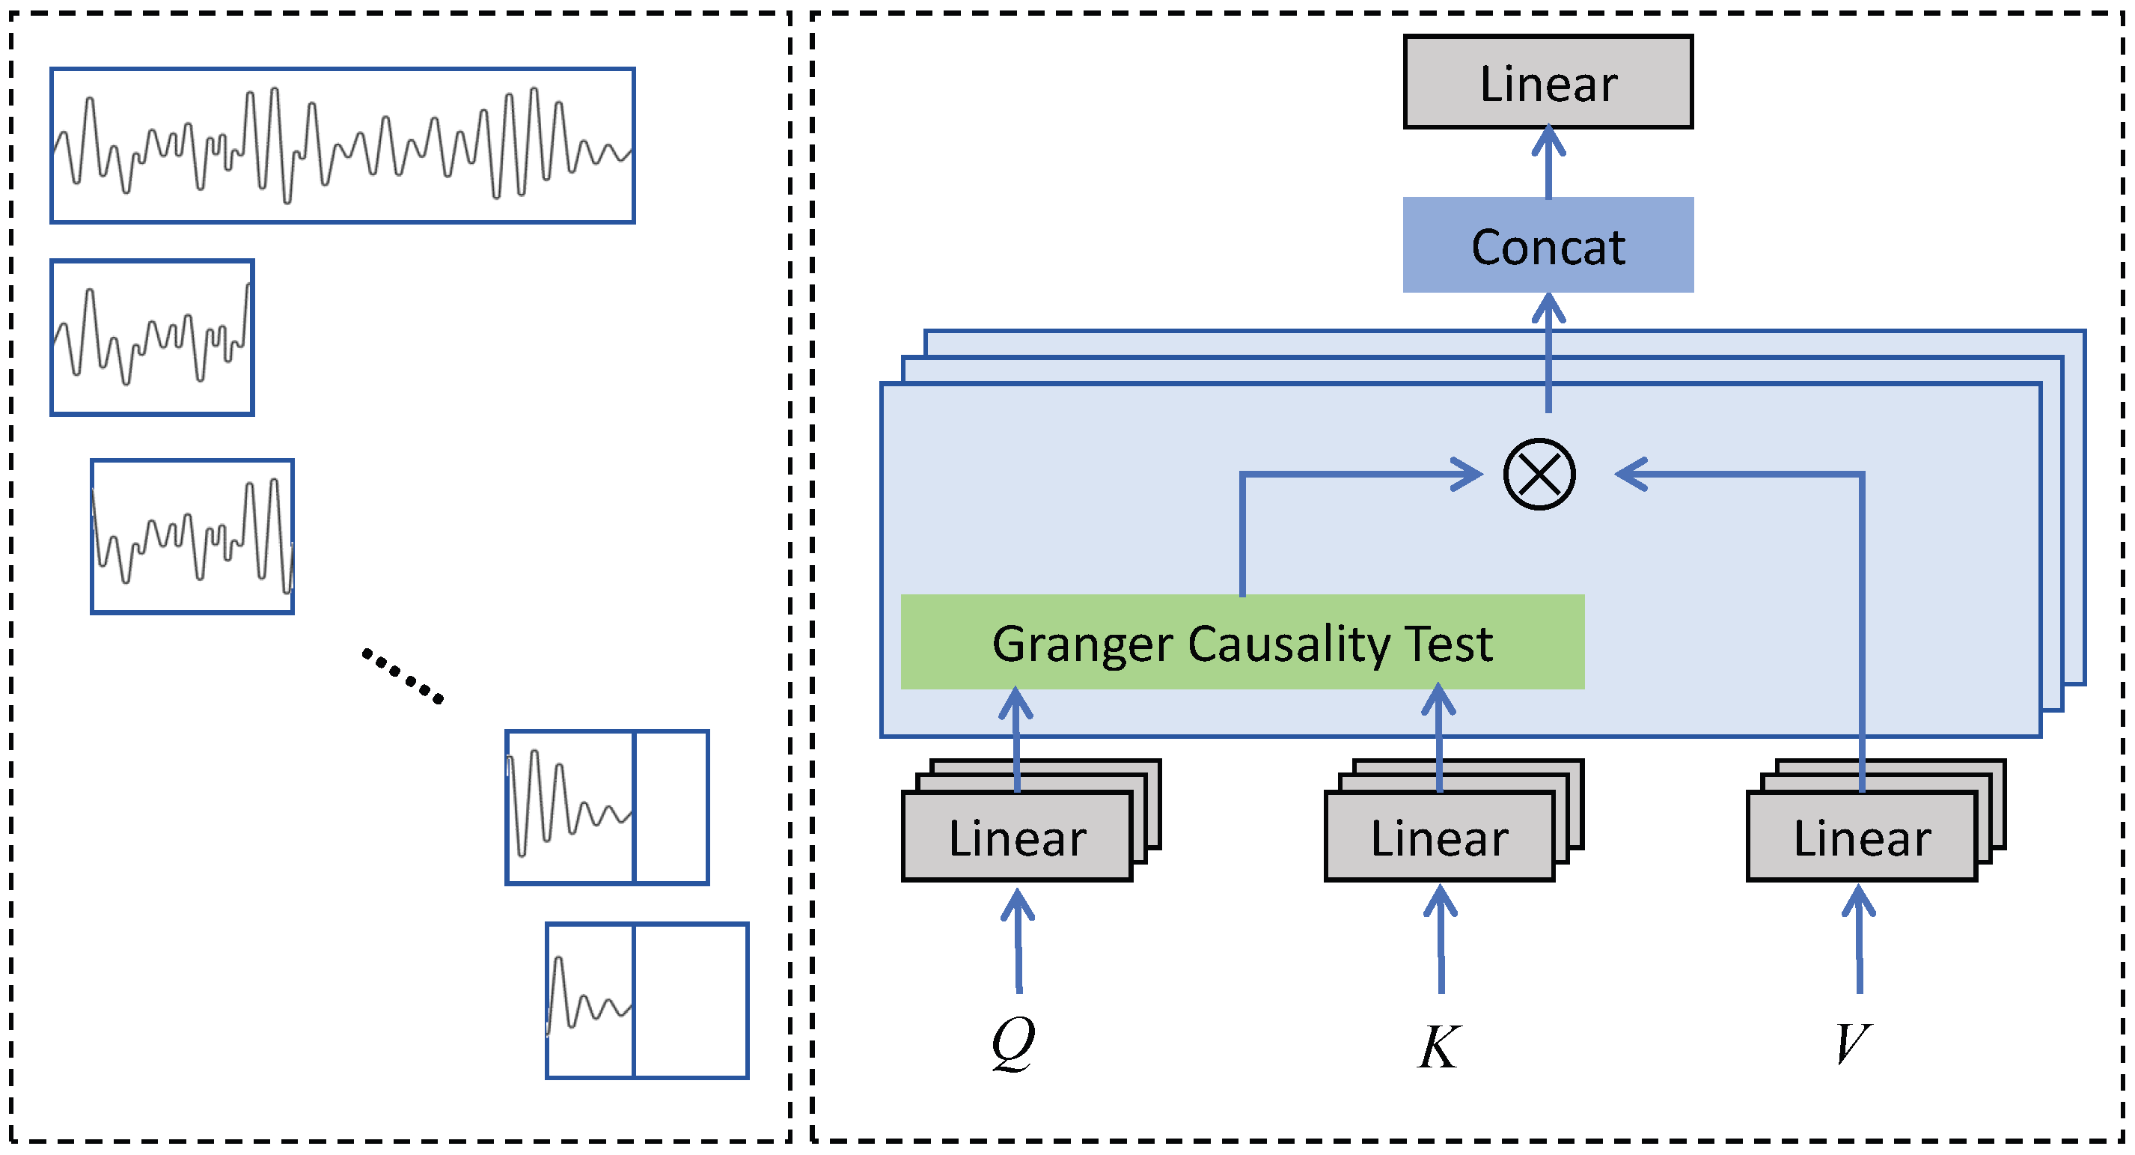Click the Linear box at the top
(1548, 82)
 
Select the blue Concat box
(1548, 246)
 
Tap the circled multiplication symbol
(1539, 475)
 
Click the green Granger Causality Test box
(1241, 642)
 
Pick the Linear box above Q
(1017, 837)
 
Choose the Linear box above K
(1439, 837)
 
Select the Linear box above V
(1862, 837)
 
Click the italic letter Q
(1012, 1042)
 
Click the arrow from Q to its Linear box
(1018, 941)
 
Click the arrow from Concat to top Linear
(1548, 162)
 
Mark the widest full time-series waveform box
(342, 145)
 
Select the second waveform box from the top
(152, 338)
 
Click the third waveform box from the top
(192, 537)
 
